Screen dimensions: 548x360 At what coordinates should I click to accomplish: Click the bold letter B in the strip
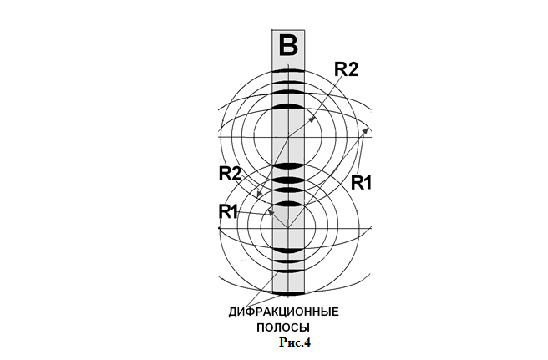pyautogui.click(x=288, y=46)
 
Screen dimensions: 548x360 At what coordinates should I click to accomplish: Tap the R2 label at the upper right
pyautogui.click(x=347, y=68)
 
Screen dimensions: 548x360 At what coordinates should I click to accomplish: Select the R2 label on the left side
pyautogui.click(x=230, y=174)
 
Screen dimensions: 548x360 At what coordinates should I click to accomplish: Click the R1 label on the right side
pyautogui.click(x=361, y=183)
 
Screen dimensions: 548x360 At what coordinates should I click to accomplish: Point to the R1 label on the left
pyautogui.click(x=229, y=212)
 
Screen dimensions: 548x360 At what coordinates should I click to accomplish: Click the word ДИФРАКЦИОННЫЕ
pyautogui.click(x=284, y=312)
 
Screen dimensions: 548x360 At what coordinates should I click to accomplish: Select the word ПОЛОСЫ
pyautogui.click(x=283, y=328)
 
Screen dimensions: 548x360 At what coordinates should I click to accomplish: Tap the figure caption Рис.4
pyautogui.click(x=295, y=342)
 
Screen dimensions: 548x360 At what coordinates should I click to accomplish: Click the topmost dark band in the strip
pyautogui.click(x=288, y=71)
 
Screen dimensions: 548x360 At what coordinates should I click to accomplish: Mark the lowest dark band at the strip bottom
pyautogui.click(x=288, y=293)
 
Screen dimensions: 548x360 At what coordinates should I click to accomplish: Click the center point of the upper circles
pyautogui.click(x=288, y=137)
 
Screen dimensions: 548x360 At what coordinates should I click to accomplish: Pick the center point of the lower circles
pyautogui.click(x=288, y=228)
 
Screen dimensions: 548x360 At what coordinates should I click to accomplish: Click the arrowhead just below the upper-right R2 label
pyautogui.click(x=312, y=119)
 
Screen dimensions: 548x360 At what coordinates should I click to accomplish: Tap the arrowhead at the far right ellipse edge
pyautogui.click(x=365, y=130)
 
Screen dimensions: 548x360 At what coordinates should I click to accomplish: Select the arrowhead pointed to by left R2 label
pyautogui.click(x=259, y=195)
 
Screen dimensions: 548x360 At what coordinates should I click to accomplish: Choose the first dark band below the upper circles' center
pyautogui.click(x=288, y=166)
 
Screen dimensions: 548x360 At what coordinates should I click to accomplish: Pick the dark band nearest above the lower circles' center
pyautogui.click(x=288, y=204)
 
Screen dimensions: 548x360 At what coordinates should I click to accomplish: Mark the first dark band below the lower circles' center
pyautogui.click(x=288, y=251)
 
